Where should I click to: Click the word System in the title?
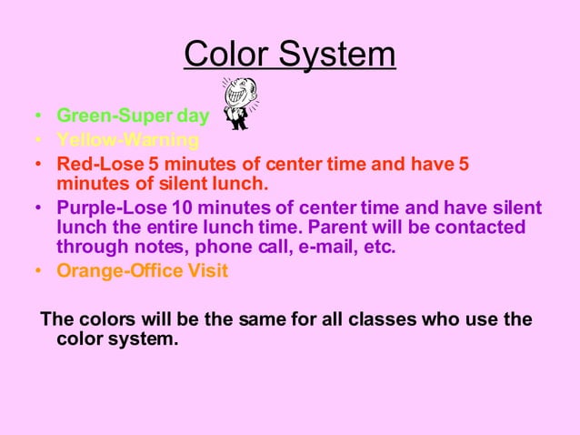point(336,55)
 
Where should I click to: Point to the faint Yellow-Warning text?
point(127,140)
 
